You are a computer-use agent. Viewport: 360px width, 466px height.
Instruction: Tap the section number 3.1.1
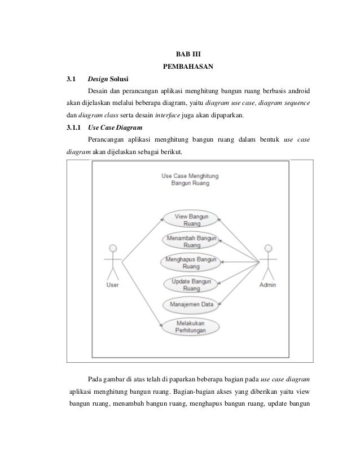pos(72,128)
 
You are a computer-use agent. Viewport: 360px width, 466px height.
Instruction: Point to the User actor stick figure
pos(113,262)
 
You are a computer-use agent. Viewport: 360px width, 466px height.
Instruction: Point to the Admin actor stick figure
pos(267,262)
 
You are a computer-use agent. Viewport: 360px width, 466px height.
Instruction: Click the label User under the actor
pos(113,285)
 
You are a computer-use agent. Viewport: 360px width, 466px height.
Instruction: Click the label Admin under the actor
pos(267,285)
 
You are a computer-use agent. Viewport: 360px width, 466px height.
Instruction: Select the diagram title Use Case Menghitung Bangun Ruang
pos(190,180)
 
